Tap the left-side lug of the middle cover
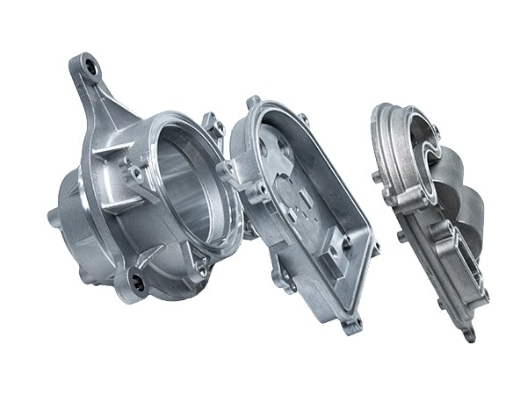pyautogui.click(x=229, y=171)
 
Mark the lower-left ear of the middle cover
pyautogui.click(x=283, y=279)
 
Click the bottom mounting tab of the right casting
pyautogui.click(x=470, y=334)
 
